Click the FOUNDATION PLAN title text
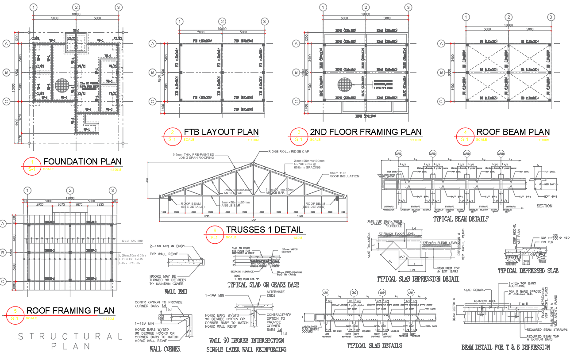point(82,161)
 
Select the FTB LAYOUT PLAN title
point(221,132)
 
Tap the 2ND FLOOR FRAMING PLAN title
point(366,132)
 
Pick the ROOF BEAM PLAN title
point(512,132)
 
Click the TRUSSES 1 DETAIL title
point(264,230)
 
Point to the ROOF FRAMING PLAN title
point(70,310)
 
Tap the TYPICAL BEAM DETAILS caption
point(460,219)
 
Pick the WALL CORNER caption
point(165,349)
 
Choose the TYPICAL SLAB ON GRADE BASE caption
point(263,285)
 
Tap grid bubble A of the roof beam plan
point(441,43)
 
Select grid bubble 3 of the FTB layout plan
point(264,22)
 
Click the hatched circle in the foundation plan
point(63,85)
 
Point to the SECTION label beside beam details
point(544,206)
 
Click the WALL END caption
point(176,291)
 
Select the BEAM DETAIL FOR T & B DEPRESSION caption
point(505,348)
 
